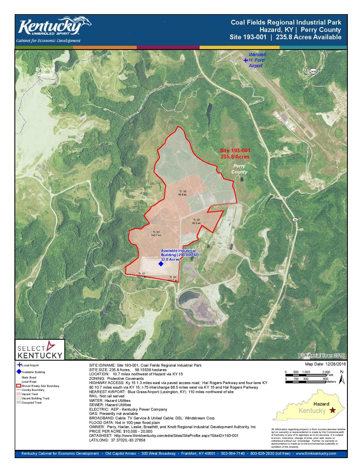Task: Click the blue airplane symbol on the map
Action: tap(245, 60)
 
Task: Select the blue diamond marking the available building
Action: tap(161, 264)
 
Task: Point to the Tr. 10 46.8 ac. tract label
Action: tap(182, 193)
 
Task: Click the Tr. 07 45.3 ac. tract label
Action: tap(197, 221)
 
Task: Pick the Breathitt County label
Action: tap(45, 71)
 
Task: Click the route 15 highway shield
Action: tap(295, 219)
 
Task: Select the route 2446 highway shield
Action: tap(313, 71)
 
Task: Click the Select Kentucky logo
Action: tap(40, 350)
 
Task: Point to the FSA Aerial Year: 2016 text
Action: tap(321, 355)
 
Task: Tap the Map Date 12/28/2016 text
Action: tap(325, 364)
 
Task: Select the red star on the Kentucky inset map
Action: tap(333, 410)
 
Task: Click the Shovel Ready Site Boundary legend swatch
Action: tap(19, 386)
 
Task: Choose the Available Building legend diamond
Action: tap(19, 372)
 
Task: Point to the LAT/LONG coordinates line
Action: tap(117, 440)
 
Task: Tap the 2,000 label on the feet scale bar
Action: tap(326, 372)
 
